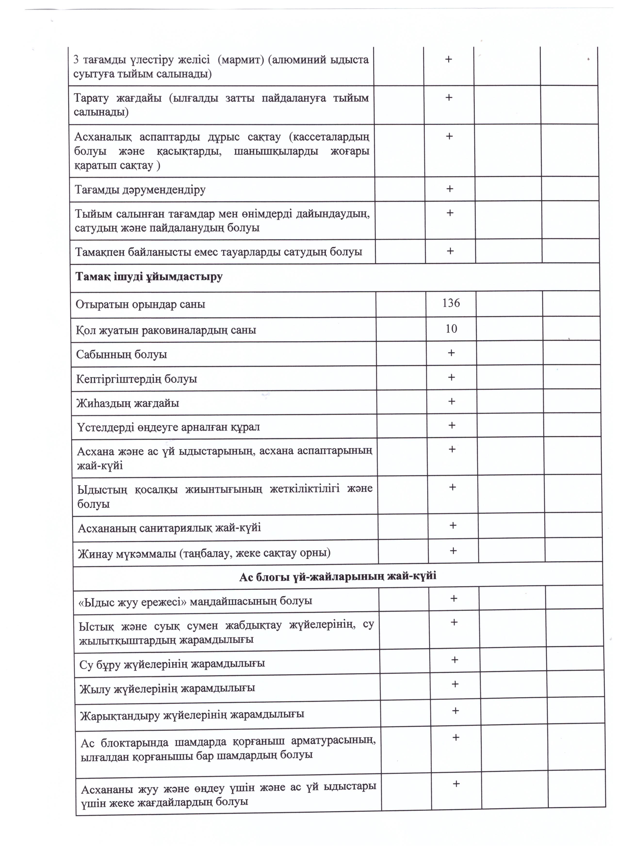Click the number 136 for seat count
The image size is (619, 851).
[451, 303]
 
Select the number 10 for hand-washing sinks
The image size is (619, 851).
[451, 329]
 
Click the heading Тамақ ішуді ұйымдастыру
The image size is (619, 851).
[149, 277]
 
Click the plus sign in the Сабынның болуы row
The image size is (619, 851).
[451, 353]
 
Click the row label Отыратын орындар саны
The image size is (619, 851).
[140, 304]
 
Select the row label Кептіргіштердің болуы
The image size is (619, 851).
[137, 379]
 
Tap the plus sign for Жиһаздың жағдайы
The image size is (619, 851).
[452, 401]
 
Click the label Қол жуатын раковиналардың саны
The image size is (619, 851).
[166, 330]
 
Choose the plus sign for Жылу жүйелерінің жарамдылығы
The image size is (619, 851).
[455, 684]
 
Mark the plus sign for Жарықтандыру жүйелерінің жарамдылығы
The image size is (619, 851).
[455, 710]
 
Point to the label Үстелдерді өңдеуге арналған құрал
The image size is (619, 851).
[168, 427]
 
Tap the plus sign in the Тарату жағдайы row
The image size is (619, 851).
[448, 97]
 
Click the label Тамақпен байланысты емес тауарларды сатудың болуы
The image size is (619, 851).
[219, 251]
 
